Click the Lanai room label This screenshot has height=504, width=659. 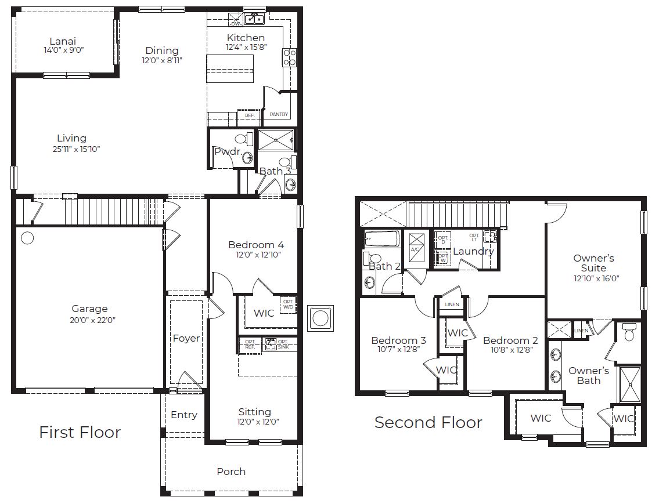click(62, 41)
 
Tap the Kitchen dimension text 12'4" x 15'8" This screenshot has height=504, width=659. click(246, 48)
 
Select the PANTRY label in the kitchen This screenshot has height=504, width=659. click(279, 115)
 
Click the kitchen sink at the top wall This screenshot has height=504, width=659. click(253, 19)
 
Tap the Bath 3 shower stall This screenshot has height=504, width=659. click(276, 140)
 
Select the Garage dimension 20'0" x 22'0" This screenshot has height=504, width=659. click(89, 320)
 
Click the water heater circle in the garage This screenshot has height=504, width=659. click(27, 238)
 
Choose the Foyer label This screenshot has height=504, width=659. click(186, 338)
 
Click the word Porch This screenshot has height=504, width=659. click(231, 472)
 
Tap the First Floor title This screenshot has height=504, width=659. click(80, 432)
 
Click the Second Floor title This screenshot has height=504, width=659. click(428, 422)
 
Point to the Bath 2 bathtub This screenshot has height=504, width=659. click(382, 240)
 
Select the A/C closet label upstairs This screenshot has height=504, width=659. click(415, 249)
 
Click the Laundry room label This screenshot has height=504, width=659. click(473, 251)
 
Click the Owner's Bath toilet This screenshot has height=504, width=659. click(628, 332)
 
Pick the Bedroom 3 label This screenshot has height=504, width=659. click(398, 340)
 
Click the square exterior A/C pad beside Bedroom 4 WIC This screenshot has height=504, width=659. click(320, 318)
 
